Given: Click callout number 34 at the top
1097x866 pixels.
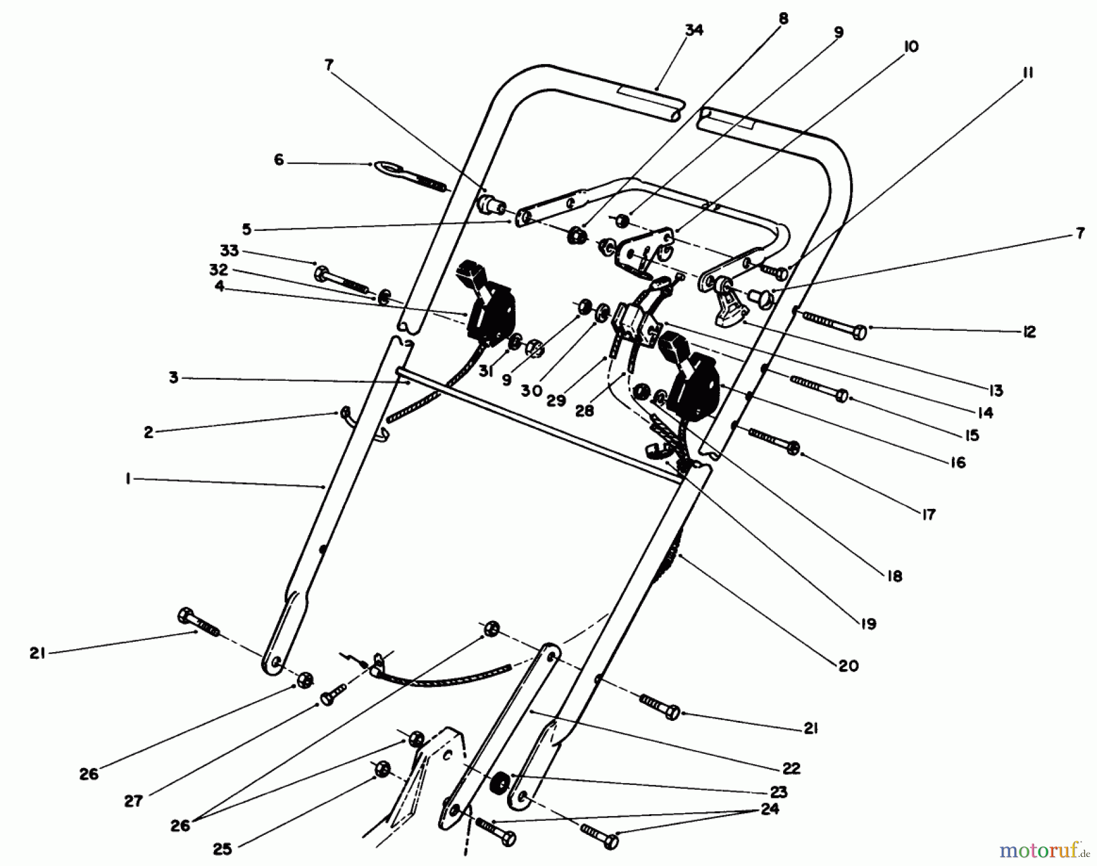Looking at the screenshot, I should click(x=694, y=30).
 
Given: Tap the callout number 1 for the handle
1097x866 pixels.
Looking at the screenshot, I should click(x=128, y=480).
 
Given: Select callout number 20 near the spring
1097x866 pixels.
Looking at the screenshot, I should click(x=849, y=666).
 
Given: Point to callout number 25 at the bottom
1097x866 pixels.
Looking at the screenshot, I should click(x=222, y=849).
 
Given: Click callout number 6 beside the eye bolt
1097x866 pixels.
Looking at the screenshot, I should click(x=279, y=161).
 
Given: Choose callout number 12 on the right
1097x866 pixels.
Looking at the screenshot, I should click(x=1029, y=332).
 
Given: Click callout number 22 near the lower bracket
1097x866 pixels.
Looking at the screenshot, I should click(x=791, y=768).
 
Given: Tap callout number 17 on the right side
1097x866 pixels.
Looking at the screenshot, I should click(x=928, y=515).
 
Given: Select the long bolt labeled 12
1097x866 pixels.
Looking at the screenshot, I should click(x=835, y=325).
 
